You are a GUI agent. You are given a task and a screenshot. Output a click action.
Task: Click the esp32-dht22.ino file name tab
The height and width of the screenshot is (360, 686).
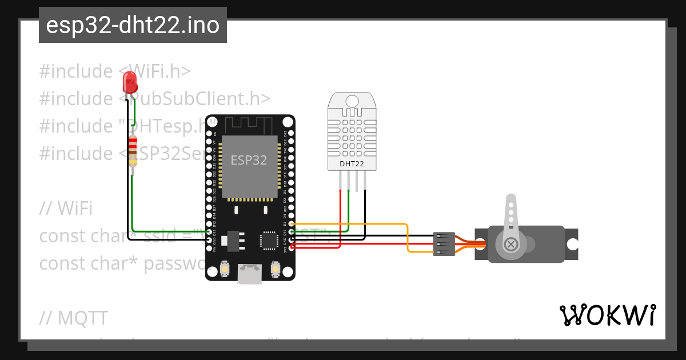(133, 26)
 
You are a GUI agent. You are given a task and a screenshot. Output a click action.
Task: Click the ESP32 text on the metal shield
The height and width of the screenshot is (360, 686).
(249, 160)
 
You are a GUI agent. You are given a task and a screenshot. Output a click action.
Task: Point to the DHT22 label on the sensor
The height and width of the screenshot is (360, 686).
(351, 164)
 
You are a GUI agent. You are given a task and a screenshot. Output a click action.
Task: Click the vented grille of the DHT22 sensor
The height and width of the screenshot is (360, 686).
(351, 134)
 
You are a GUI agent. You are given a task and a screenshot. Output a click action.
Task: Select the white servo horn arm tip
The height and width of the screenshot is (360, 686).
(510, 201)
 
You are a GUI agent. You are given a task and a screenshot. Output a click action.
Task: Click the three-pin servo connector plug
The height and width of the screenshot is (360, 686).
(444, 244)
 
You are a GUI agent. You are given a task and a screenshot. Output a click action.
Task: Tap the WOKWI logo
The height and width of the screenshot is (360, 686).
(607, 315)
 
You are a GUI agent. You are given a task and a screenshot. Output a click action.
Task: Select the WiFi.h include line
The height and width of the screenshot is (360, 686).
(114, 71)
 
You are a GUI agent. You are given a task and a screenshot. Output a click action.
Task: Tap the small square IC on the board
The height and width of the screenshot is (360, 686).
(268, 240)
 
